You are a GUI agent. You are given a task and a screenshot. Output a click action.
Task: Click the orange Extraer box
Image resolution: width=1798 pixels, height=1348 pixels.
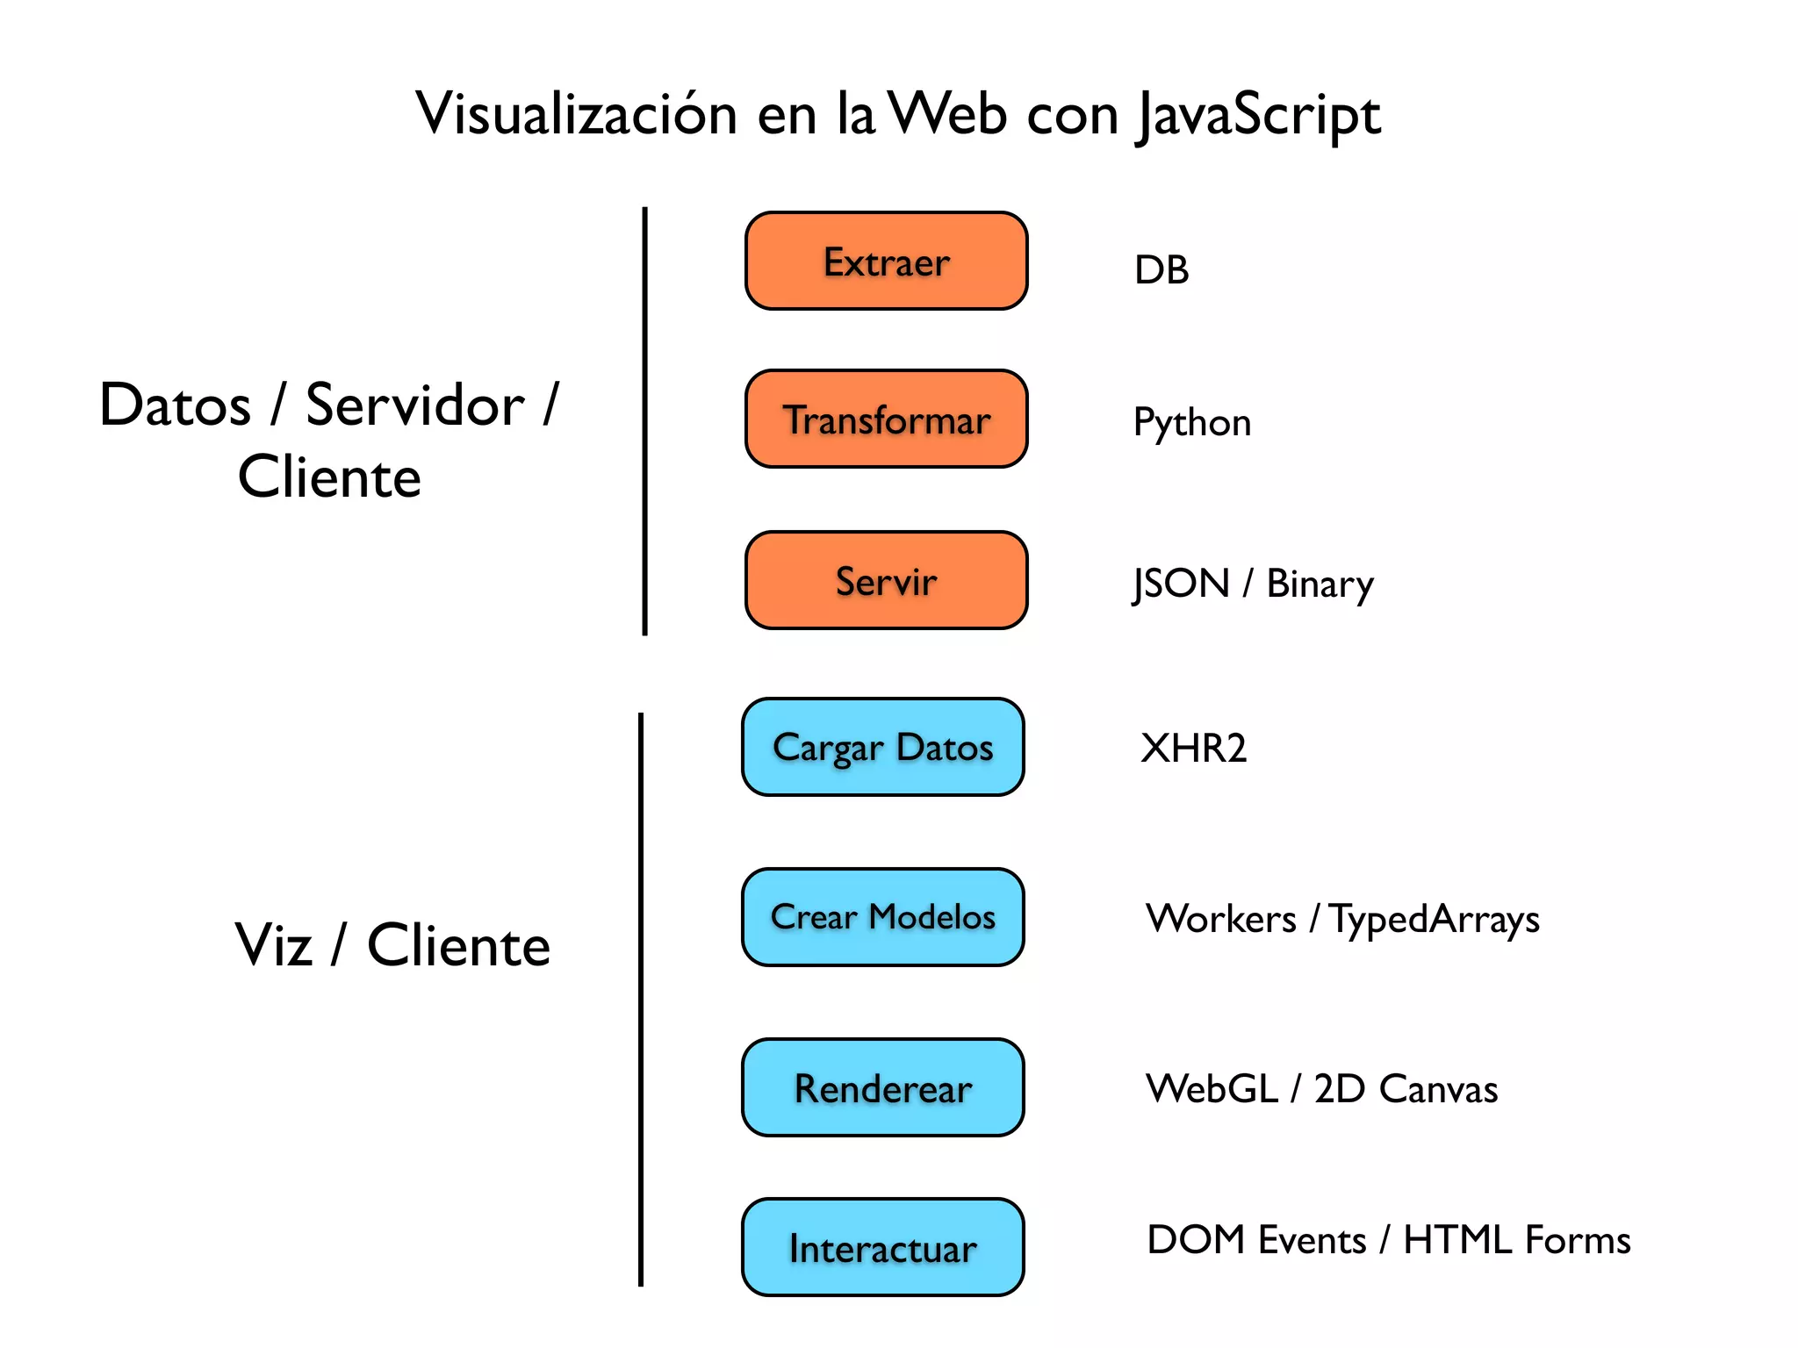pyautogui.click(x=886, y=261)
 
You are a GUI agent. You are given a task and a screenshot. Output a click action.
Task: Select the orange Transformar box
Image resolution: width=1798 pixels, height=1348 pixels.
pyautogui.click(x=886, y=419)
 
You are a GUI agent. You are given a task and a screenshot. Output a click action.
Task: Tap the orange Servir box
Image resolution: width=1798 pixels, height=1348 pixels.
pyautogui.click(x=886, y=580)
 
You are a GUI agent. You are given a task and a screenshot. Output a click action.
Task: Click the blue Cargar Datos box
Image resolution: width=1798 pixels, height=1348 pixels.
pyautogui.click(x=882, y=747)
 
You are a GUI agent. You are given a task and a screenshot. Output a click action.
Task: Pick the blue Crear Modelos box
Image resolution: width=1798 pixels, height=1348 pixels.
pyautogui.click(x=882, y=917)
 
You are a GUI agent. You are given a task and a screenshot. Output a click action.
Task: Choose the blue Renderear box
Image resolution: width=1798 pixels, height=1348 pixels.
pyautogui.click(x=882, y=1087)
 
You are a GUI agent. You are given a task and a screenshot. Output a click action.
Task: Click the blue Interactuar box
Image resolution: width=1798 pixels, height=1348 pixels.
pyautogui.click(x=882, y=1247)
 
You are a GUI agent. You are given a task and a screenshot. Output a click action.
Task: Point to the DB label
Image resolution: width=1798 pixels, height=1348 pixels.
pyautogui.click(x=1161, y=269)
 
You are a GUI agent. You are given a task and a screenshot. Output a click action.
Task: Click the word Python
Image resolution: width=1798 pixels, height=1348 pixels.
pyautogui.click(x=1191, y=423)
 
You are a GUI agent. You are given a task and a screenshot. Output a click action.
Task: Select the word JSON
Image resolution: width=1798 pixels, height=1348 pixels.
pyautogui.click(x=1181, y=584)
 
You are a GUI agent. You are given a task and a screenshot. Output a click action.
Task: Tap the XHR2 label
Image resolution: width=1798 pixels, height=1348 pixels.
pyautogui.click(x=1193, y=748)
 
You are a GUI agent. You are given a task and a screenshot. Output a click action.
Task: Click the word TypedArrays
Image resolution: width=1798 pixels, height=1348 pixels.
pyautogui.click(x=1434, y=920)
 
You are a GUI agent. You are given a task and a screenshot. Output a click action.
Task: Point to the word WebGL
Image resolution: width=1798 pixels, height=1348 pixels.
pyautogui.click(x=1212, y=1088)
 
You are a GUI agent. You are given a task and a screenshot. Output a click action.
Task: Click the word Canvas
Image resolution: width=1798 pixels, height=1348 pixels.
pyautogui.click(x=1438, y=1089)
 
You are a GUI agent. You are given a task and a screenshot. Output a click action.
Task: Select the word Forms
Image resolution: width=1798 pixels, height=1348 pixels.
pyautogui.click(x=1578, y=1240)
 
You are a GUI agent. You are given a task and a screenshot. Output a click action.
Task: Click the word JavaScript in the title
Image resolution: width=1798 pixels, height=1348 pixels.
pyautogui.click(x=1258, y=115)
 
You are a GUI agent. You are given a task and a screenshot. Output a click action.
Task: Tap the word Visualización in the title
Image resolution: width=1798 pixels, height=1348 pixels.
pyautogui.click(x=576, y=114)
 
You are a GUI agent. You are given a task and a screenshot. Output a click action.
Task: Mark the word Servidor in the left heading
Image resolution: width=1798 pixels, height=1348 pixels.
pyautogui.click(x=414, y=405)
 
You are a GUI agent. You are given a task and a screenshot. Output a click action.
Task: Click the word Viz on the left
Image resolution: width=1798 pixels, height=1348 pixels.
pyautogui.click(x=273, y=945)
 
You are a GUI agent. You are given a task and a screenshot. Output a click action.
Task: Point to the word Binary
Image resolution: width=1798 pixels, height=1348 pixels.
pyautogui.click(x=1320, y=584)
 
